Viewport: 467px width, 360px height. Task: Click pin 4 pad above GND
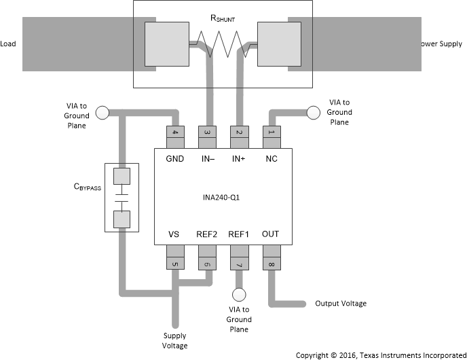(x=176, y=135)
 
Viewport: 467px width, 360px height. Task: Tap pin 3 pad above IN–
(x=207, y=135)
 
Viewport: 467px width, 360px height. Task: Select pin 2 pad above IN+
(x=238, y=135)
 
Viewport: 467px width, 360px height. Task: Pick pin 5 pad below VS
(x=176, y=259)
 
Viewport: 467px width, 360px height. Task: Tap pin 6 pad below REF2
(x=207, y=259)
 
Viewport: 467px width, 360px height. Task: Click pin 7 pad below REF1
(x=238, y=259)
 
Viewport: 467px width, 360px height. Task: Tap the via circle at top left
(x=102, y=112)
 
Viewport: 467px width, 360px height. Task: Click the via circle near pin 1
(x=314, y=112)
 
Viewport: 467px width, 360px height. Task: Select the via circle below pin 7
(x=238, y=295)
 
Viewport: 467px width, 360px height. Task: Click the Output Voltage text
(x=341, y=304)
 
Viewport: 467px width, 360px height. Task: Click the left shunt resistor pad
(x=166, y=46)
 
